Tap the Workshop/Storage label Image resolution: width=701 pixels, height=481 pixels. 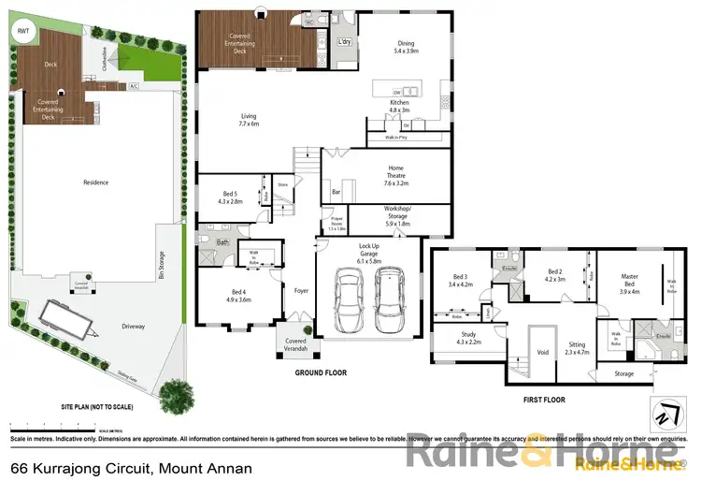click(x=397, y=217)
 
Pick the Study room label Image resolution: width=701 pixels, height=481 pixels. click(x=467, y=340)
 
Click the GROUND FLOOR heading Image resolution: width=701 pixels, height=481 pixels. click(x=320, y=372)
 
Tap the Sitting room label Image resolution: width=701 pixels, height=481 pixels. click(x=575, y=348)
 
